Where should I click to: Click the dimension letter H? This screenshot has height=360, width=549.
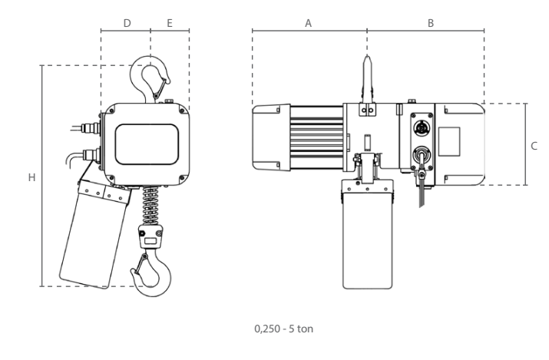[x=31, y=177]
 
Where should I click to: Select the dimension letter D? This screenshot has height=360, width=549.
[x=127, y=23]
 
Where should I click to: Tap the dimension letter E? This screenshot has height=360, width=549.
[x=170, y=23]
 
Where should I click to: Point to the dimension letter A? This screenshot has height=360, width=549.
[x=308, y=23]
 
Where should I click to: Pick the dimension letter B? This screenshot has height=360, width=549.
[x=431, y=23]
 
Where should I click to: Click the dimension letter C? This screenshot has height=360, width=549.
[x=534, y=146]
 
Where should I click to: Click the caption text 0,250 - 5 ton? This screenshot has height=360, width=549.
[x=283, y=329]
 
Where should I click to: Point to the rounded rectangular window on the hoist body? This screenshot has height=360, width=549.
[x=147, y=144]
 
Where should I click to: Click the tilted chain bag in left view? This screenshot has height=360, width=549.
[x=94, y=233]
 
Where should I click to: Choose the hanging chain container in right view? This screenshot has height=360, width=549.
[x=367, y=233]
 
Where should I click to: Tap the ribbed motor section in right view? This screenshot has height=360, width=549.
[x=316, y=137]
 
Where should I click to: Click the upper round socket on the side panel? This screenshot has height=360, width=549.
[x=422, y=130]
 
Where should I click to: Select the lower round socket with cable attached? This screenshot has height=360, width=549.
[x=422, y=155]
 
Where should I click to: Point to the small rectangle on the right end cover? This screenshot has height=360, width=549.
[x=449, y=141]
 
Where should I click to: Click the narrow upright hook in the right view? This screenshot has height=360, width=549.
[x=367, y=79]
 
